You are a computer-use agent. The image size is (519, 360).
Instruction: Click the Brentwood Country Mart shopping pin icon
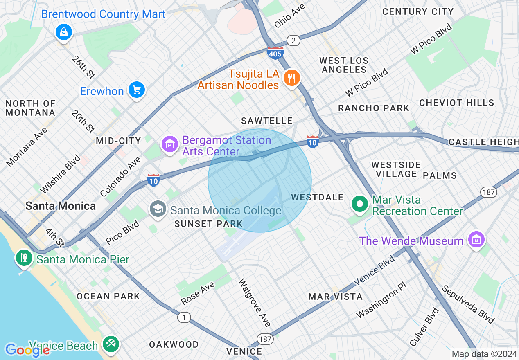[x=64, y=32]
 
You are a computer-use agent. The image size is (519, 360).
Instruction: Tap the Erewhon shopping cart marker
[x=136, y=89]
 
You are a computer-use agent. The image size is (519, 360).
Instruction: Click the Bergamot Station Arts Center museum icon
[x=169, y=144]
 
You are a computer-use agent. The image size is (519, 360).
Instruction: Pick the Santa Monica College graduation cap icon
[x=158, y=209]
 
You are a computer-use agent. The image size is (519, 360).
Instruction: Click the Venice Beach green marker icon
[x=111, y=344]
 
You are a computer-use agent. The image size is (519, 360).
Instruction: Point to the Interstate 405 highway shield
[x=275, y=53]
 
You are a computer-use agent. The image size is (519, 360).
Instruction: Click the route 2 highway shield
[x=293, y=40]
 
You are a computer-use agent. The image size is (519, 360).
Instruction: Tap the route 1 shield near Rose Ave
[x=184, y=317]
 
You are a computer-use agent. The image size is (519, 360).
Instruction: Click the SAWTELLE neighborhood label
[x=267, y=121]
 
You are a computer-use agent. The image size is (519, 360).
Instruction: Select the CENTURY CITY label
[x=417, y=11]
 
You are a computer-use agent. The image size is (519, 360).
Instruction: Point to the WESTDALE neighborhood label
[x=317, y=197]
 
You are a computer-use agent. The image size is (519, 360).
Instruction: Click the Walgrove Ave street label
[x=254, y=303]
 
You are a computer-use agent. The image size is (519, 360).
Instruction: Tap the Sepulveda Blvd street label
[x=468, y=304]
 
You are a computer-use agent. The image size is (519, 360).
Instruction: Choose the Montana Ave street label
[x=27, y=146]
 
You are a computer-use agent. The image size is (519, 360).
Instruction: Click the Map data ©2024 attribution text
[x=484, y=354]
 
